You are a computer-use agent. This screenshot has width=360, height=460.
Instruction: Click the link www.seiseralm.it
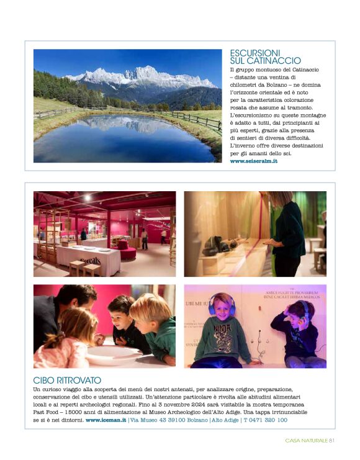click(x=253, y=161)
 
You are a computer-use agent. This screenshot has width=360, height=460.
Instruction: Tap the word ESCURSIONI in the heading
click(x=255, y=53)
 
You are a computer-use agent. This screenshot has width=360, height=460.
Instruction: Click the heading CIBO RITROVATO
click(x=67, y=379)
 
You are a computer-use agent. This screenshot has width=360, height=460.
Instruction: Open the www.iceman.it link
click(x=106, y=420)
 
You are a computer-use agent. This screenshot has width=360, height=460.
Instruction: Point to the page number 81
click(x=332, y=441)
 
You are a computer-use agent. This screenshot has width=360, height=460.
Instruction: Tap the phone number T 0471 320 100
click(x=265, y=420)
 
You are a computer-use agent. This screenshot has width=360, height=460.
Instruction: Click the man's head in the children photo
click(x=74, y=299)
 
